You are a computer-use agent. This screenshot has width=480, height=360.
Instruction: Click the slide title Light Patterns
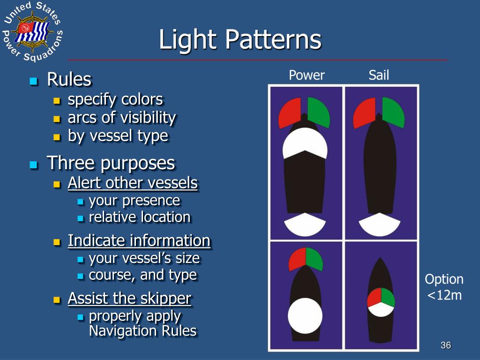pos(240,40)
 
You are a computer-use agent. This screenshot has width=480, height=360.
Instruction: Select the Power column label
pos(307,75)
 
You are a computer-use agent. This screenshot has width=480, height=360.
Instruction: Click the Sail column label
pos(379,75)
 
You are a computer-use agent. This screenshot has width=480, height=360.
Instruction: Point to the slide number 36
pos(445,345)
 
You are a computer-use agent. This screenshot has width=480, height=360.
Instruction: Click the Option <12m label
pos(443,287)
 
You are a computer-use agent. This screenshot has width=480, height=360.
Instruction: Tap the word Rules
pos(69,80)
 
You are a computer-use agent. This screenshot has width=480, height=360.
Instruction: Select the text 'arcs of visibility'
pos(122,118)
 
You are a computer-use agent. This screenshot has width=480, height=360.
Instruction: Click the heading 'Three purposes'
pos(111,163)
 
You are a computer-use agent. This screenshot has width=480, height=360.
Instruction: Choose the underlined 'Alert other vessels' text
pos(133,183)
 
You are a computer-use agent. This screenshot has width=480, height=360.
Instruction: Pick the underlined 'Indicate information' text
pos(139,240)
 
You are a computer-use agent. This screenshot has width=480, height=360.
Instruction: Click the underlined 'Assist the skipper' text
pos(129,298)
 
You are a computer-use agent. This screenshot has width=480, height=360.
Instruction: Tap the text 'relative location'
pos(140,217)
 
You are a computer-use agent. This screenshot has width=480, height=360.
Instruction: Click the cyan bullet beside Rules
pos(33,81)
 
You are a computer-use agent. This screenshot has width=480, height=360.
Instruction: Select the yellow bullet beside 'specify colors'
pos(57,100)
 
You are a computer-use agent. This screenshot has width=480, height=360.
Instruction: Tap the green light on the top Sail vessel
pos(393,112)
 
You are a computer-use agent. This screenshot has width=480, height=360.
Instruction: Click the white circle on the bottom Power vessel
pos(305,315)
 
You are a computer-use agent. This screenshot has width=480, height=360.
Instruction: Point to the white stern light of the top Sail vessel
pos(380,225)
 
